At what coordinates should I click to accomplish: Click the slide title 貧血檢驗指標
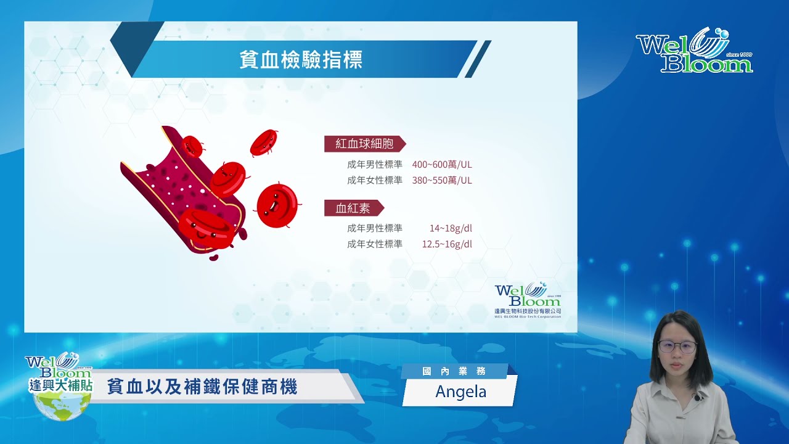coord(301,59)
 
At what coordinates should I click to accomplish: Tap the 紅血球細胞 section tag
coord(365,144)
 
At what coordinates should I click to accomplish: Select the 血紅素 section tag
coord(354,208)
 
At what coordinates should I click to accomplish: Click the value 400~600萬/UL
coord(442,165)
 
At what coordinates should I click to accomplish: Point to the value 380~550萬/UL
coord(442,181)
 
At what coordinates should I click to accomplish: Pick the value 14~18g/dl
coord(451,228)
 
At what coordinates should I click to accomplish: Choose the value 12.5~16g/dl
coord(447,244)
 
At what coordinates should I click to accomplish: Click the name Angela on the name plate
coord(460,392)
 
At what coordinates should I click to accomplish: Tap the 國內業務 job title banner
coord(454,371)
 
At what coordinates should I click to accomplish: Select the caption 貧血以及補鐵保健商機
coord(202,387)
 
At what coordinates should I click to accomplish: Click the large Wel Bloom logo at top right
coord(694,50)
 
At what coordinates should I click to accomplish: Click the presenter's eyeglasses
coord(677,347)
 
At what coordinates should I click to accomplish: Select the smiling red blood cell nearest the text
coord(277,206)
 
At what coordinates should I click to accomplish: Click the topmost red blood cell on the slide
coord(264,142)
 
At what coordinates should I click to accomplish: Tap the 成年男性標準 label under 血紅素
coord(374,228)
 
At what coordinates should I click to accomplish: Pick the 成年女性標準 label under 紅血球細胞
coord(374,181)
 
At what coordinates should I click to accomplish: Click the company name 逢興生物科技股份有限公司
coord(528,311)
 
